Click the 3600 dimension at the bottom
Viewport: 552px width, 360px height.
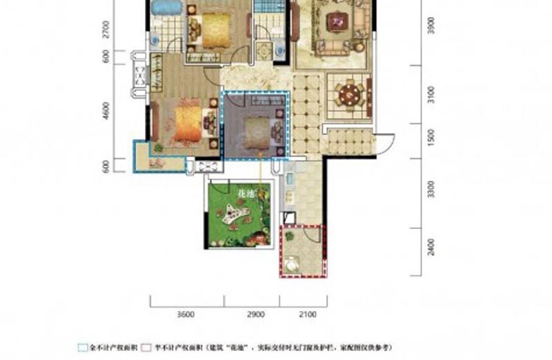pyautogui.click(x=185, y=314)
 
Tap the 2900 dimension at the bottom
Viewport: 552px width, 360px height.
pyautogui.click(x=255, y=314)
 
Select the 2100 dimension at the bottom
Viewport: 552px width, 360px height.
pyautogui.click(x=308, y=314)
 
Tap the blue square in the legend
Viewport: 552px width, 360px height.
pyautogui.click(x=83, y=348)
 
